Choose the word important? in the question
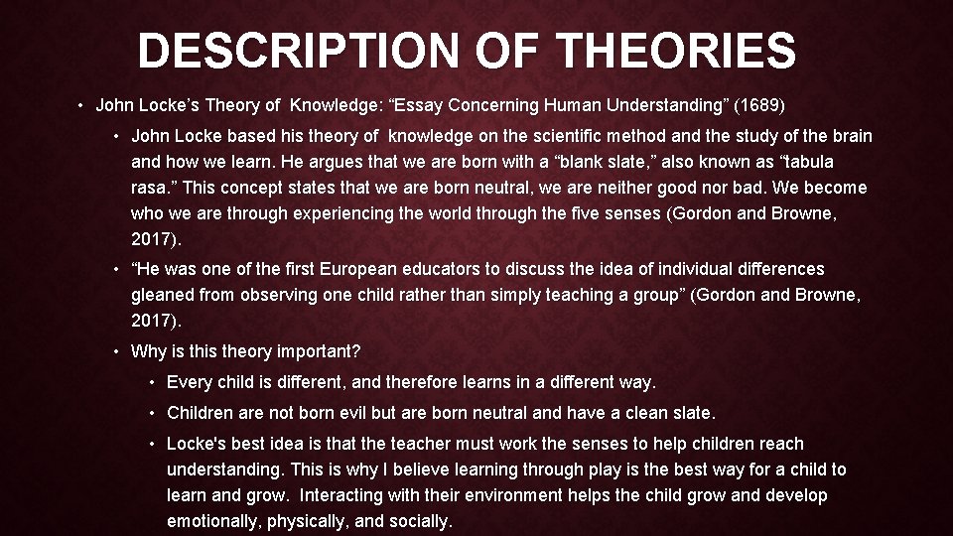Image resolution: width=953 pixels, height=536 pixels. (320, 351)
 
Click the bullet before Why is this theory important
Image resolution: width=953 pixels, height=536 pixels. (117, 351)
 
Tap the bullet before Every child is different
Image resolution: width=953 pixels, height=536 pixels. (153, 383)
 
